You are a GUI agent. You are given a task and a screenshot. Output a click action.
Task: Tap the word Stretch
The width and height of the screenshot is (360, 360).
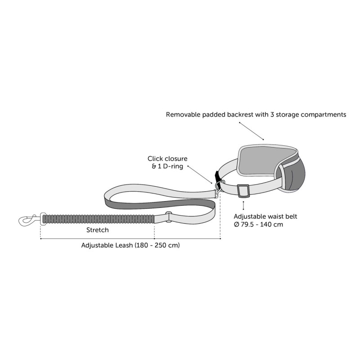pos(97,230)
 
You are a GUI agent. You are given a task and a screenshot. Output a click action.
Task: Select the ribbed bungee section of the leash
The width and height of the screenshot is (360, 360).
pos(99,219)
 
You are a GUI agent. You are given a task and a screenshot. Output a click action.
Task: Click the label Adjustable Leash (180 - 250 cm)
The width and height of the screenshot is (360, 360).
pos(130,245)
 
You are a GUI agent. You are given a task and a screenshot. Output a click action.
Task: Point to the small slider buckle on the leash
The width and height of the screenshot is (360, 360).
pos(169,217)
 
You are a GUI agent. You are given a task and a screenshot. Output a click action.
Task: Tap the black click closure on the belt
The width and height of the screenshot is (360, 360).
pos(217,177)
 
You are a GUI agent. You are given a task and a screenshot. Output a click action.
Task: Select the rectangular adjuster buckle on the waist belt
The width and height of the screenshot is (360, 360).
pos(243,191)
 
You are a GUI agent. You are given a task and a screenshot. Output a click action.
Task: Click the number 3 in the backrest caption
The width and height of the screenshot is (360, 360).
pos(272,114)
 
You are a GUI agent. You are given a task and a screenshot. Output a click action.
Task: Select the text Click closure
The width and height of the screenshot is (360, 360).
pos(167,158)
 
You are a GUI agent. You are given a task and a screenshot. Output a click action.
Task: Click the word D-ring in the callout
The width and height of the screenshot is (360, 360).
pos(173,166)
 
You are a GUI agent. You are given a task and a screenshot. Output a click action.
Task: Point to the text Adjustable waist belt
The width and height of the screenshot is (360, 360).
pos(265,216)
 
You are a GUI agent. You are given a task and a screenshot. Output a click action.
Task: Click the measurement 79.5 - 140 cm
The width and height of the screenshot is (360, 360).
pos(262,224)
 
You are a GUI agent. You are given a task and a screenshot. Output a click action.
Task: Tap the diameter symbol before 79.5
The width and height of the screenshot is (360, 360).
pos(237,224)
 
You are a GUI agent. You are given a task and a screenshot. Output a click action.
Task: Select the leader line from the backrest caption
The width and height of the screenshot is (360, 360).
pos(252,131)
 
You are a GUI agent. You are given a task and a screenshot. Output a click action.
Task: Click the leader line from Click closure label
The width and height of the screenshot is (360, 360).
pos(200,175)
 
